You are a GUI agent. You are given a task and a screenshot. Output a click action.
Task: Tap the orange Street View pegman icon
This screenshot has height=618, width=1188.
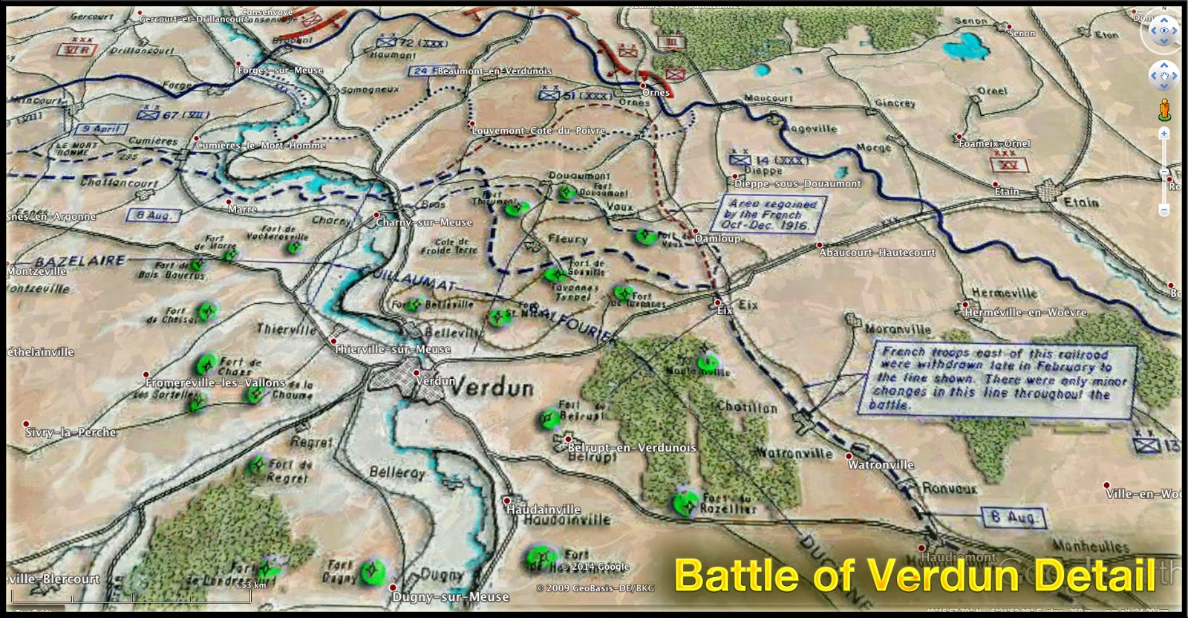[1163, 110]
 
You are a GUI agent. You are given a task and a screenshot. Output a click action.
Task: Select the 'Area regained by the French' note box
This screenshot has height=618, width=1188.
[772, 215]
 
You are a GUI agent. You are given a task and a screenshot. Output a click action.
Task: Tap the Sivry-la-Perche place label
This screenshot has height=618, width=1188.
[71, 432]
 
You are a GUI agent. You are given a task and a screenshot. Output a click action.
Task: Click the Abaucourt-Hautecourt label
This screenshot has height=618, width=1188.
[877, 253]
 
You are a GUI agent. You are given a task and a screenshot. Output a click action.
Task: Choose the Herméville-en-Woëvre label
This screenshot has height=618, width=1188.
[1025, 313]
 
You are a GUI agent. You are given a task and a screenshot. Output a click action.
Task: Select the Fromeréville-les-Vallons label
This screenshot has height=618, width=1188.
[215, 383]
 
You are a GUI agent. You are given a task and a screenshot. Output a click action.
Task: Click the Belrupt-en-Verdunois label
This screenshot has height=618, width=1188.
[632, 448]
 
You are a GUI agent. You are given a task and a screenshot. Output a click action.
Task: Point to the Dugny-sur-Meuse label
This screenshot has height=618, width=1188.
[451, 596]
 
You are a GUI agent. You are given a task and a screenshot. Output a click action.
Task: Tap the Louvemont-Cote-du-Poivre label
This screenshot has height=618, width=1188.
[538, 131]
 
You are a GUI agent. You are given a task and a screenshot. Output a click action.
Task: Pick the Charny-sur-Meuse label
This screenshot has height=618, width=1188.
[423, 222]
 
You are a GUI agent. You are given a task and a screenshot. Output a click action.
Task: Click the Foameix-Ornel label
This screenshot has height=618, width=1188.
[994, 143]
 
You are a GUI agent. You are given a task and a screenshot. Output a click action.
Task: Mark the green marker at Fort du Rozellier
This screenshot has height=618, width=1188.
[685, 503]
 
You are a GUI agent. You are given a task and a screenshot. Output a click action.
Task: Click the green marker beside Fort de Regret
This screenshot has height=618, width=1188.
[257, 466]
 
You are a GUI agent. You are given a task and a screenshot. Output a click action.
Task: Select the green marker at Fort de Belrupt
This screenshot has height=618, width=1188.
[549, 419]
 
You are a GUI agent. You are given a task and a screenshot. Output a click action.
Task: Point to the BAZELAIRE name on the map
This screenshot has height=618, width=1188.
[80, 261]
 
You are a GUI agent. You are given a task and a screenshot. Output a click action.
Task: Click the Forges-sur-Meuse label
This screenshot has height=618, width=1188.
[280, 71]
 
